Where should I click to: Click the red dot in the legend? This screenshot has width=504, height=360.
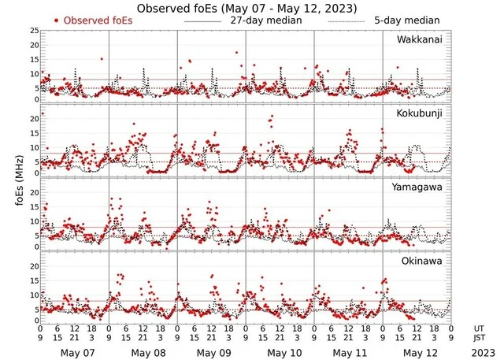57,20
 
